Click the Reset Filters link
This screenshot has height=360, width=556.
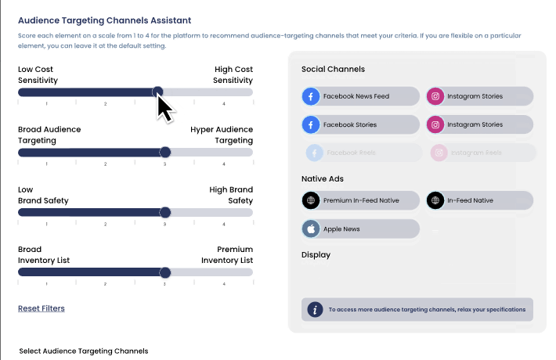(42, 308)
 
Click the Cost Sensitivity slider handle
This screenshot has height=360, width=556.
(158, 92)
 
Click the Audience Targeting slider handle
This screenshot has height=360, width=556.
(164, 152)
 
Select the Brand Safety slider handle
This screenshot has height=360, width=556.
(164, 212)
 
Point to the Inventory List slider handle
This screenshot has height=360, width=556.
(164, 272)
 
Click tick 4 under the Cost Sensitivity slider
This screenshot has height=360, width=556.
(224, 103)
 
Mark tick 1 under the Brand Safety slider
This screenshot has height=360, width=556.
(46, 224)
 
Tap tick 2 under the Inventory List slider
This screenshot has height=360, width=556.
(106, 284)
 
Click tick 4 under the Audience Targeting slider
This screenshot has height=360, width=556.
(224, 164)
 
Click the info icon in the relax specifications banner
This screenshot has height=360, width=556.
(315, 309)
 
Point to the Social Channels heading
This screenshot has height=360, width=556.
(333, 70)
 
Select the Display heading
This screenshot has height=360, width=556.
(316, 254)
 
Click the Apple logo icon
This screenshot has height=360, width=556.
(312, 229)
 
